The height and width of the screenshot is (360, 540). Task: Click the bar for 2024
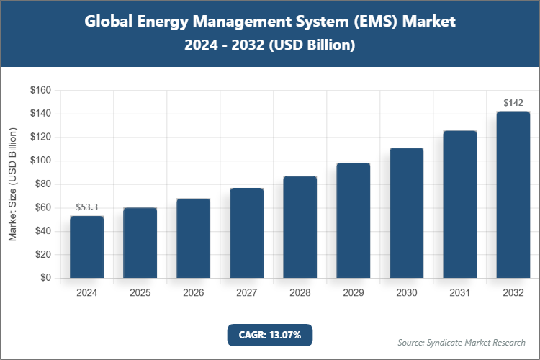86,247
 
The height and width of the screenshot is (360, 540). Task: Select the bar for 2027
246,233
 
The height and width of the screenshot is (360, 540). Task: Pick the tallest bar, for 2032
513,194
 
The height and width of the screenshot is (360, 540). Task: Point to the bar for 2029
353,220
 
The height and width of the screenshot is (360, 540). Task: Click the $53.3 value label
86,207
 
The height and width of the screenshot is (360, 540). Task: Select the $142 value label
513,103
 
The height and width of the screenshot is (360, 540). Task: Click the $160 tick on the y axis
40,91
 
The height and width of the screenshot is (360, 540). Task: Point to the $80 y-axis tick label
42,184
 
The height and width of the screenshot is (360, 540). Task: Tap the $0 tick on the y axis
45,278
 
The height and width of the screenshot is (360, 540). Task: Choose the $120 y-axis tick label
40,138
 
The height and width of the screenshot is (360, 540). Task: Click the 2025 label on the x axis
140,293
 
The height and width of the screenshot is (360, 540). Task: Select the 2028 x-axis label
300,293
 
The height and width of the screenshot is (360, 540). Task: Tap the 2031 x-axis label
459,293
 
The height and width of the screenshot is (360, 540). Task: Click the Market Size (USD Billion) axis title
13,184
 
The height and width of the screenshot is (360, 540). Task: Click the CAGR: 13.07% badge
269,335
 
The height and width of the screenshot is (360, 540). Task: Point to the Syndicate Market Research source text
462,342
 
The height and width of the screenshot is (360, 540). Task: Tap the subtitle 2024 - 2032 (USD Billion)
269,45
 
